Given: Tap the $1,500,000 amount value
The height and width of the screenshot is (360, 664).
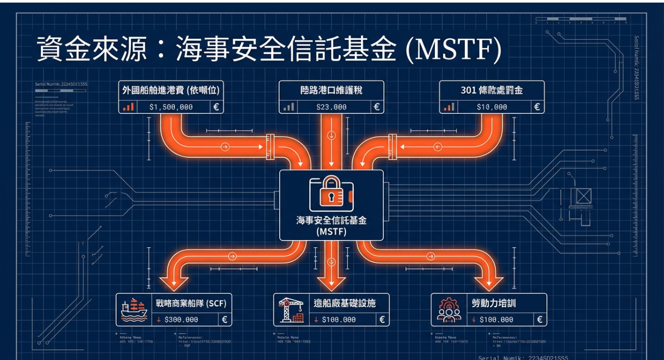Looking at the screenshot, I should [171, 107].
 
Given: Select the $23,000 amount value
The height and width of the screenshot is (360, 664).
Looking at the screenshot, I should [331, 107].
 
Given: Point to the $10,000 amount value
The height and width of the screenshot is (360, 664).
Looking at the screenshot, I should [492, 107].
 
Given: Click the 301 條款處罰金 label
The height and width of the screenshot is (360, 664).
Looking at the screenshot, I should [492, 90].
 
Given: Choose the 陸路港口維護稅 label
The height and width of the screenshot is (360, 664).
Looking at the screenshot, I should [331, 90].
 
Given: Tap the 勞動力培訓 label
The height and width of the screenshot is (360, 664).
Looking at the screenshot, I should [494, 303].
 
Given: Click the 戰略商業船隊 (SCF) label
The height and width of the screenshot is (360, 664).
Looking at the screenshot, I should [191, 303].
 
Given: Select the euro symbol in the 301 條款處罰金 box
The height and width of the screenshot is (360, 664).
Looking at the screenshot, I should [537, 107].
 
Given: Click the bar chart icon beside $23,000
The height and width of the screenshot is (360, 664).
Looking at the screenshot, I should [288, 107].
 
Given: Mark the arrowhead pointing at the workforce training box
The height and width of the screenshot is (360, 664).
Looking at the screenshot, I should [489, 282].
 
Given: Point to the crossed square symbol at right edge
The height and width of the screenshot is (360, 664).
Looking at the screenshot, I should [583, 196].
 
